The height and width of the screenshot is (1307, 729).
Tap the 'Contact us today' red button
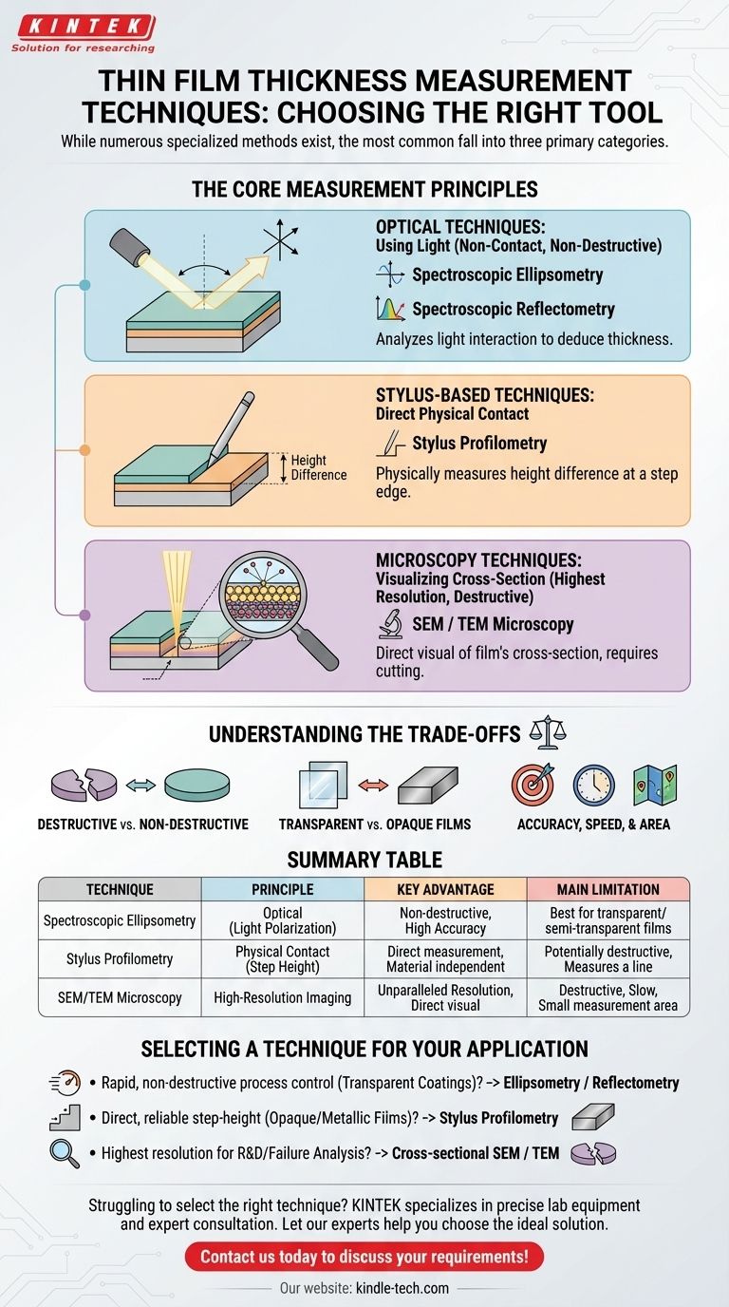pyautogui.click(x=364, y=1257)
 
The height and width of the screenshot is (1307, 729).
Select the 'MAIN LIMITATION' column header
pyautogui.click(x=607, y=889)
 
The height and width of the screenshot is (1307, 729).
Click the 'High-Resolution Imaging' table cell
pyautogui.click(x=283, y=997)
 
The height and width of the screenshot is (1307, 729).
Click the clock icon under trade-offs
pyautogui.click(x=593, y=785)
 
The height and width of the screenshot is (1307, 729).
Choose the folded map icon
pyautogui.click(x=655, y=785)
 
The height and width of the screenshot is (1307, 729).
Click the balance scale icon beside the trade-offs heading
pyautogui.click(x=547, y=732)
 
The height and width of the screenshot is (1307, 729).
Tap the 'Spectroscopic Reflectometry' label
pyautogui.click(x=513, y=309)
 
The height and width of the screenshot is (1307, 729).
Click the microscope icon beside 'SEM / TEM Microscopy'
pyautogui.click(x=389, y=623)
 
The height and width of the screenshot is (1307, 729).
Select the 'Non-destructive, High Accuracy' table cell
pyautogui.click(x=445, y=921)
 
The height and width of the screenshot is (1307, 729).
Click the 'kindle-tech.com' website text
pyautogui.click(x=402, y=1288)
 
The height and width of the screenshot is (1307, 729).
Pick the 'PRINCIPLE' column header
pyautogui.click(x=283, y=889)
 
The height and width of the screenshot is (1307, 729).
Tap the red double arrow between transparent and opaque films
pyautogui.click(x=373, y=786)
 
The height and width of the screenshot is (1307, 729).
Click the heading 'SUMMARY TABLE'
pyautogui.click(x=364, y=860)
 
